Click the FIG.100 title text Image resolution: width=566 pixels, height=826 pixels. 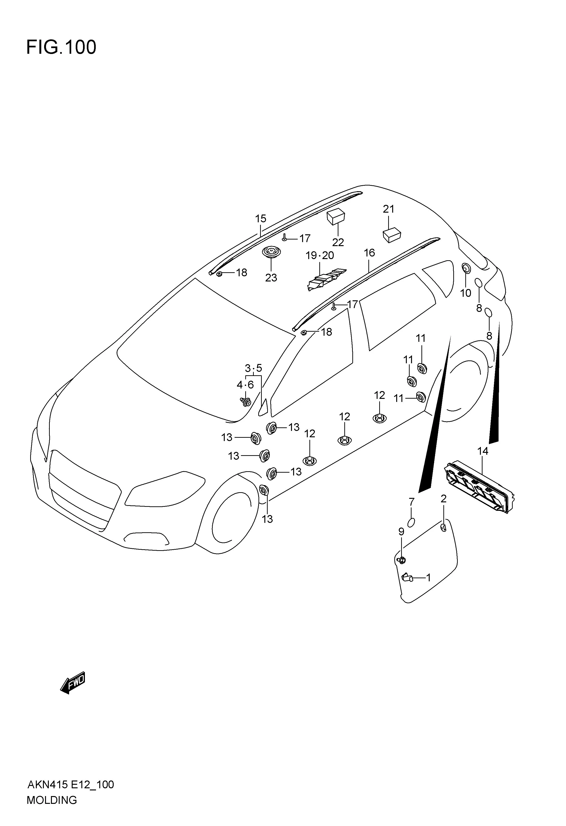pos(61,47)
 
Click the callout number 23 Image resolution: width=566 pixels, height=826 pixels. pos(271,278)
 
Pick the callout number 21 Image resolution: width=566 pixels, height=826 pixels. pos(389,209)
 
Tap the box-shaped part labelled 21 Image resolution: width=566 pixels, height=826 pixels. pos(392,235)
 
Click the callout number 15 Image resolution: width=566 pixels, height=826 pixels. pos(261,219)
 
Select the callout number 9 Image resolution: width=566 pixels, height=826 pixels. pos(401,542)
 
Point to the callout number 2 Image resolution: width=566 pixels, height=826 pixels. pos(443,499)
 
